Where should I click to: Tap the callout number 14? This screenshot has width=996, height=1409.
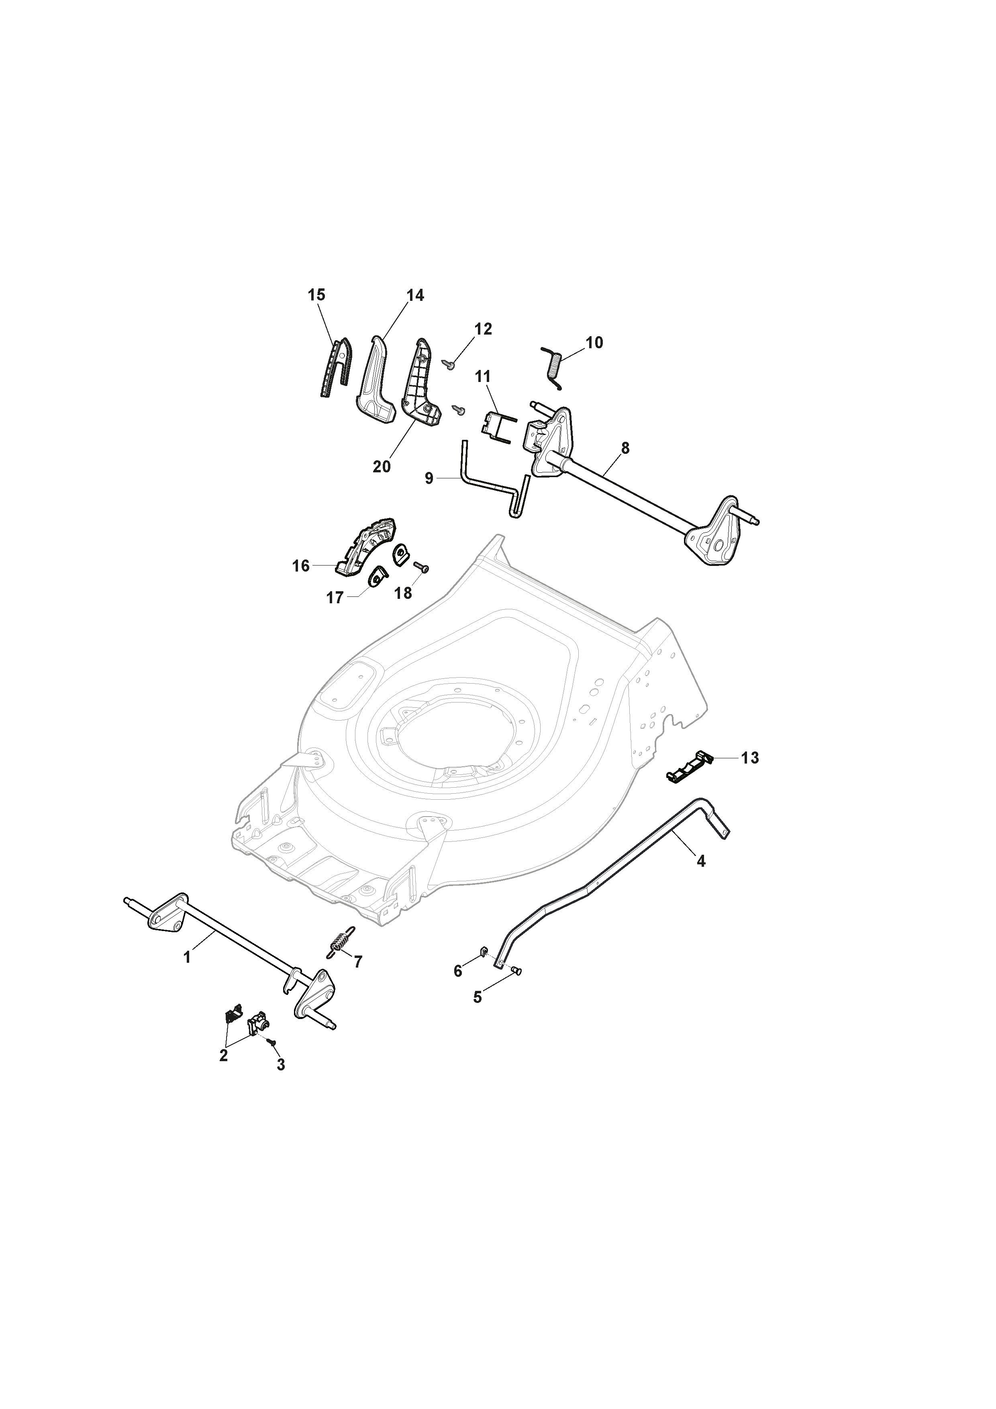[x=415, y=295]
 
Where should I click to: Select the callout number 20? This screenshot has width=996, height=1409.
[x=382, y=467]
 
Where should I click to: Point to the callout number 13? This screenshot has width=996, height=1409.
[x=750, y=758]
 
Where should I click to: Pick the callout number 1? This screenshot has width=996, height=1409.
[x=187, y=957]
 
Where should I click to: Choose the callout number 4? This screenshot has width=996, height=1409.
[x=701, y=862]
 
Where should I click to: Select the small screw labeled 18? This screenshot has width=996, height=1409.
[x=421, y=567]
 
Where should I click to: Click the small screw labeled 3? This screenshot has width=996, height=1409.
[x=273, y=1041]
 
